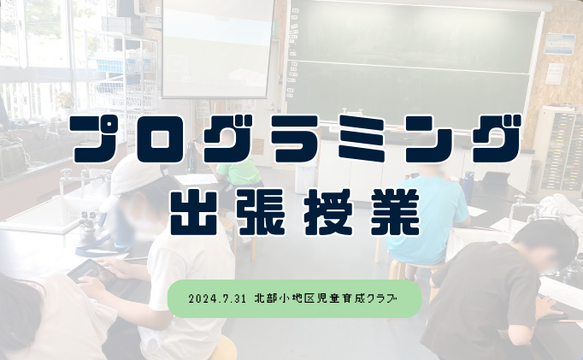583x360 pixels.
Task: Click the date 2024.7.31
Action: (x=218, y=299)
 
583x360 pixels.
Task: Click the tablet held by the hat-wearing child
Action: (x=92, y=271)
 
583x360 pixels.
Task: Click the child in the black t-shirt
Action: (x=496, y=291)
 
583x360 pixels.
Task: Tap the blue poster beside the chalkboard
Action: (x=559, y=44)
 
